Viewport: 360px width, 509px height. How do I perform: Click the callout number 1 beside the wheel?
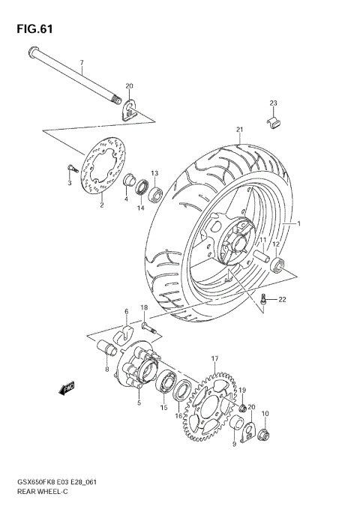click(298, 223)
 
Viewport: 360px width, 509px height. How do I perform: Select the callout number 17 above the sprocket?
click(214, 359)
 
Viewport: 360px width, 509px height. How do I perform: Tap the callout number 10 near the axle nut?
click(265, 413)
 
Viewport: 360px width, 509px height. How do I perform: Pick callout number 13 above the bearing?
click(154, 173)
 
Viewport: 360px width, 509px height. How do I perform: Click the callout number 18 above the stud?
click(144, 308)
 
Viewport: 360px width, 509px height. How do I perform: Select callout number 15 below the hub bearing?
click(161, 409)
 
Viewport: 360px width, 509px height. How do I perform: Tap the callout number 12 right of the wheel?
click(275, 244)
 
